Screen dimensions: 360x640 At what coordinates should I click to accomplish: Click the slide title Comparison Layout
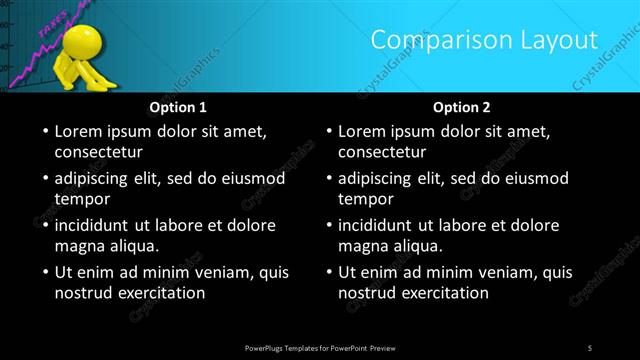tap(484, 40)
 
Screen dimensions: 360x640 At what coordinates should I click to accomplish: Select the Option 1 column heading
tap(178, 106)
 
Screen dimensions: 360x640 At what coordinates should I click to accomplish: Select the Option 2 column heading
tap(461, 106)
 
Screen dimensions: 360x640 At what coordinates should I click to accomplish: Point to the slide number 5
tap(589, 347)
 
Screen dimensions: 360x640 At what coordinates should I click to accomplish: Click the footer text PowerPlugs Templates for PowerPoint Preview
tap(319, 347)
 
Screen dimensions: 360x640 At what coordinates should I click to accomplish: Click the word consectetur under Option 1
tap(99, 152)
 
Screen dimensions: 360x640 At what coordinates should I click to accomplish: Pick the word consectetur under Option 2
tap(382, 152)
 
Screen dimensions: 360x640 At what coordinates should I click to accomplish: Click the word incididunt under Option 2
tap(381, 225)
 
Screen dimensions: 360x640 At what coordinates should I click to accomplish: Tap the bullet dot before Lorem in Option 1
tap(44, 132)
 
